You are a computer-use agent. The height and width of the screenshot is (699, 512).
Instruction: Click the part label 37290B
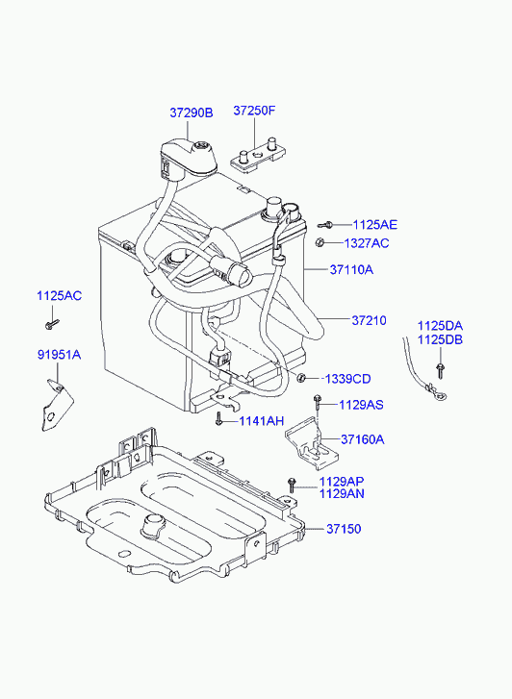click(192, 112)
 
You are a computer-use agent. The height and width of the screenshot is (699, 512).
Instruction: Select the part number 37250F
click(254, 111)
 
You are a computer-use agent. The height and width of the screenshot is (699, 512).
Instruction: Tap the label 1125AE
click(375, 225)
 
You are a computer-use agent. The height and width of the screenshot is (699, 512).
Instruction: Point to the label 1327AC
click(367, 243)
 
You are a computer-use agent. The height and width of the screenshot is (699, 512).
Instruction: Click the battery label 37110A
click(351, 270)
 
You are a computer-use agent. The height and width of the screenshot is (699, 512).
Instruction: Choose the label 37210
click(370, 320)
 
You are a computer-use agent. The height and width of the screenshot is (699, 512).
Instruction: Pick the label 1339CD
click(347, 379)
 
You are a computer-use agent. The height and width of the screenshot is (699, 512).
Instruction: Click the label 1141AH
click(262, 421)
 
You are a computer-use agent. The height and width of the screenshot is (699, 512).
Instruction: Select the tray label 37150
click(344, 529)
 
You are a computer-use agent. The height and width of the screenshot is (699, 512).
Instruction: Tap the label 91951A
click(59, 355)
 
